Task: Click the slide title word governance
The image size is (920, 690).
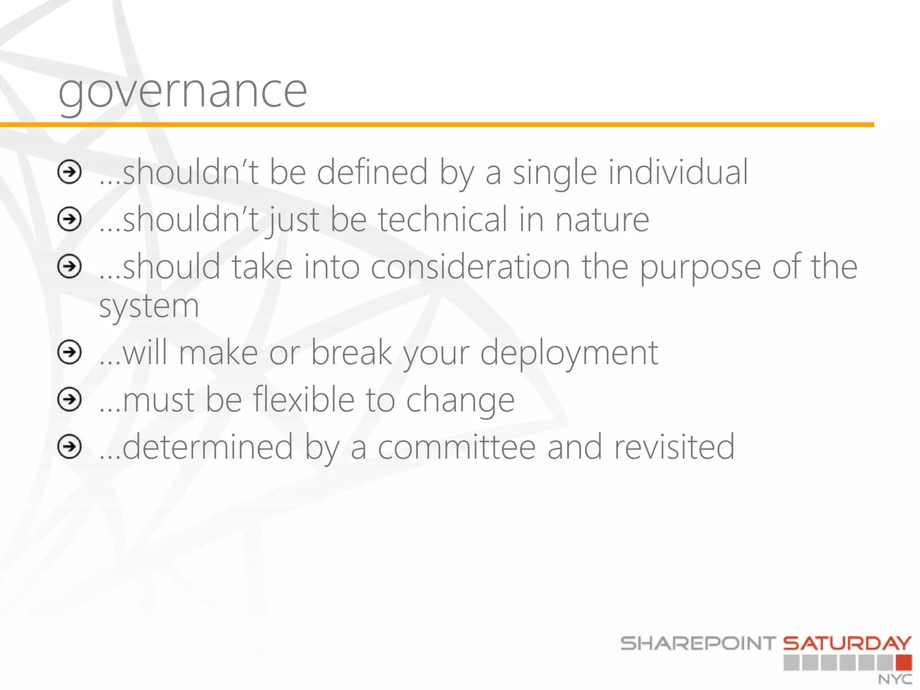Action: coord(183,92)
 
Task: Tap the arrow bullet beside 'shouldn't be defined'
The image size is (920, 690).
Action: coord(70,172)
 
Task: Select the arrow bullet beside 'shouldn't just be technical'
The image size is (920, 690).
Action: coord(70,219)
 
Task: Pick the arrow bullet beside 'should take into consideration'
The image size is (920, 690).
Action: coord(70,266)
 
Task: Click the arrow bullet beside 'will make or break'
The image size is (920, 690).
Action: coord(70,352)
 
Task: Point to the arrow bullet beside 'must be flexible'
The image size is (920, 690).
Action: coord(70,399)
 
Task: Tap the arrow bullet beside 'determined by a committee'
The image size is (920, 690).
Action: coord(70,447)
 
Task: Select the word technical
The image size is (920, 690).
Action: coord(442,220)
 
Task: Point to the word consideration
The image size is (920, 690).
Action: coord(470,267)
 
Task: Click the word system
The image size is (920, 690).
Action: coord(149,307)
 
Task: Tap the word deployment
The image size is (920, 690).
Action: coord(569,353)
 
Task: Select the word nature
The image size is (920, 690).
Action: coord(602,220)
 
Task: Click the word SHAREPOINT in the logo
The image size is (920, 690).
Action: coord(698,643)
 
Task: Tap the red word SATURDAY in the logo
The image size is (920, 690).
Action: coord(847,643)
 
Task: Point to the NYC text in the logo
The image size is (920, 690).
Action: coord(895,679)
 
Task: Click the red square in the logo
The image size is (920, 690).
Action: coord(903,663)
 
